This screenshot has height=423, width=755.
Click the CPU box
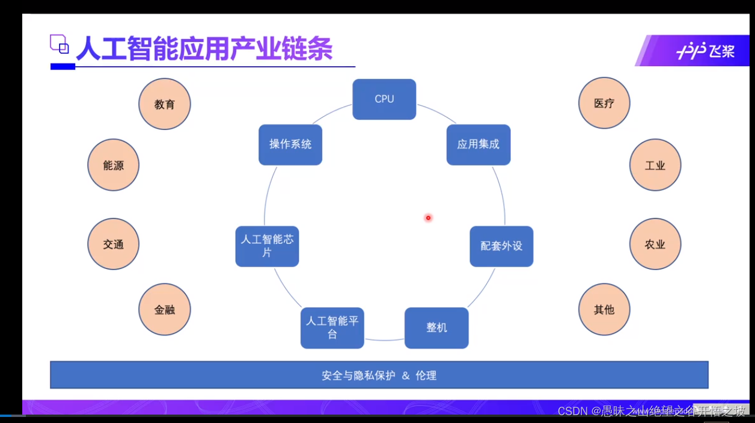[384, 99]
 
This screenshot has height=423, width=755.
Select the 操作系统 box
[290, 144]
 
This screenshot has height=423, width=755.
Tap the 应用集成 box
[478, 144]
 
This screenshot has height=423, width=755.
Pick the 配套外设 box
[501, 246]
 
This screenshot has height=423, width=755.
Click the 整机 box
[436, 328]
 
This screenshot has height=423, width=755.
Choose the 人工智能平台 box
[332, 328]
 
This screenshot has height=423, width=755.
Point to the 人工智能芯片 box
[267, 246]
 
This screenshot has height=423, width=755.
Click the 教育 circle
[165, 104]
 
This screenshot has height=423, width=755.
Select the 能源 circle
[113, 165]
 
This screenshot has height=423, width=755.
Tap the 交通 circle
[113, 244]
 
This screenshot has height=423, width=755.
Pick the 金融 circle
[165, 310]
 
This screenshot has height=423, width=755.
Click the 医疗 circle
[604, 103]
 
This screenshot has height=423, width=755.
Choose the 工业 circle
[655, 165]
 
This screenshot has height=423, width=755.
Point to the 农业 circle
[655, 244]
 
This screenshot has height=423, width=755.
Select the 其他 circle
[604, 309]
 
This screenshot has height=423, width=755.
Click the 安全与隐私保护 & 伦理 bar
[379, 375]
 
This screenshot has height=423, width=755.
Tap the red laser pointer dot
[428, 218]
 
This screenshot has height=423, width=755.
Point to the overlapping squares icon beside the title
[60, 45]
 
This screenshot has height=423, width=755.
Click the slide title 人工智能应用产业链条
[204, 49]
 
